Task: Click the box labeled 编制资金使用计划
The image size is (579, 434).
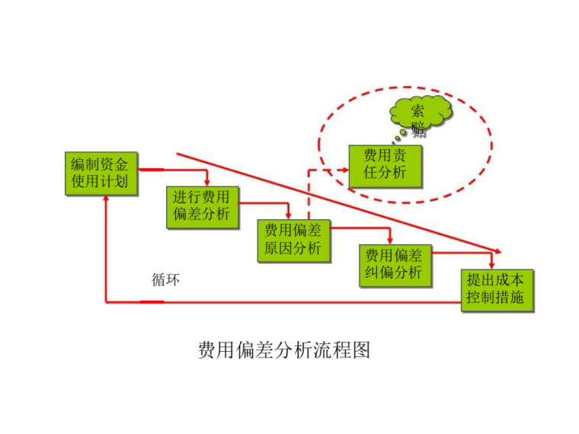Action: click(x=101, y=174)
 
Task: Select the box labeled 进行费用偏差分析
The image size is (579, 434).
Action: click(x=203, y=207)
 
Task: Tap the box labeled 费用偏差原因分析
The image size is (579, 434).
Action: click(x=293, y=241)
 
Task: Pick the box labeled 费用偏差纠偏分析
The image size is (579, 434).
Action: click(x=395, y=266)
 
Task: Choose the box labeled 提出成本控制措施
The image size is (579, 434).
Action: click(x=497, y=291)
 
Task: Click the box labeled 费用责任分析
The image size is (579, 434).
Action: click(x=385, y=167)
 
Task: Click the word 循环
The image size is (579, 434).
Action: click(x=166, y=279)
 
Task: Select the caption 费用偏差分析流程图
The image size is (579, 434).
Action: click(x=283, y=349)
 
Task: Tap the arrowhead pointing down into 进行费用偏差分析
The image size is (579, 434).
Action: click(x=207, y=183)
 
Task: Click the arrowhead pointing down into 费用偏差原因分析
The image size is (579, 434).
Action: click(x=289, y=216)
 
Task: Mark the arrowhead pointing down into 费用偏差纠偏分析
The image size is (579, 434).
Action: click(x=390, y=241)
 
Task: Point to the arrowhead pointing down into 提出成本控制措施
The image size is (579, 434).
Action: click(x=491, y=266)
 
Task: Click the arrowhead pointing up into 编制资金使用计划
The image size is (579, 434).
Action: click(x=106, y=199)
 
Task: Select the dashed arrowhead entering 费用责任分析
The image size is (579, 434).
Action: click(x=346, y=170)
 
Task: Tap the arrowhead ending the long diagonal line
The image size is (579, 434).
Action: click(x=498, y=251)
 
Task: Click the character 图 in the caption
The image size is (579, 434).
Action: click(x=361, y=349)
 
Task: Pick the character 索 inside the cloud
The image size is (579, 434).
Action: click(x=418, y=110)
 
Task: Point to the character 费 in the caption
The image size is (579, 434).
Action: click(x=207, y=349)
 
